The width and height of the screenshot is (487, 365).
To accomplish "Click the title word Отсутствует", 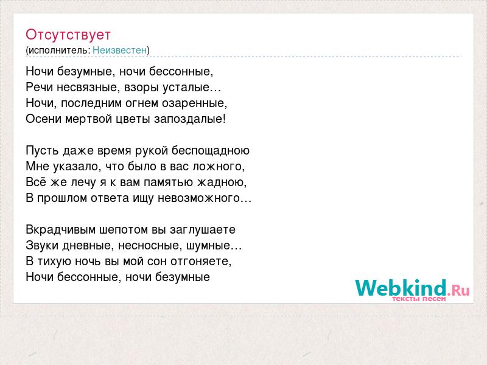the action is tap(68, 35).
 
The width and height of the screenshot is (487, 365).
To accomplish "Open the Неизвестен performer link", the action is tap(119, 50).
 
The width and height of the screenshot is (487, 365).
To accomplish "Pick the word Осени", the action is tap(43, 119).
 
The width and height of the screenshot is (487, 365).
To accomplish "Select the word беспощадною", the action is tap(211, 150).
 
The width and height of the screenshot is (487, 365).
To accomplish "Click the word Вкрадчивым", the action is tap(60, 230).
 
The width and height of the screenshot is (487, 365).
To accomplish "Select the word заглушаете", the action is tap(203, 230).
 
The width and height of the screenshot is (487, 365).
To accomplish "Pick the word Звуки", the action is tap(42, 246).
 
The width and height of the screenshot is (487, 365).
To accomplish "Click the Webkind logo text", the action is tap(401, 287).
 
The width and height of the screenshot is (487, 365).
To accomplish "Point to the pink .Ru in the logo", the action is tap(458, 290).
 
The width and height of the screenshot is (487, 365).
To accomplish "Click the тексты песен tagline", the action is tap(419, 299).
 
